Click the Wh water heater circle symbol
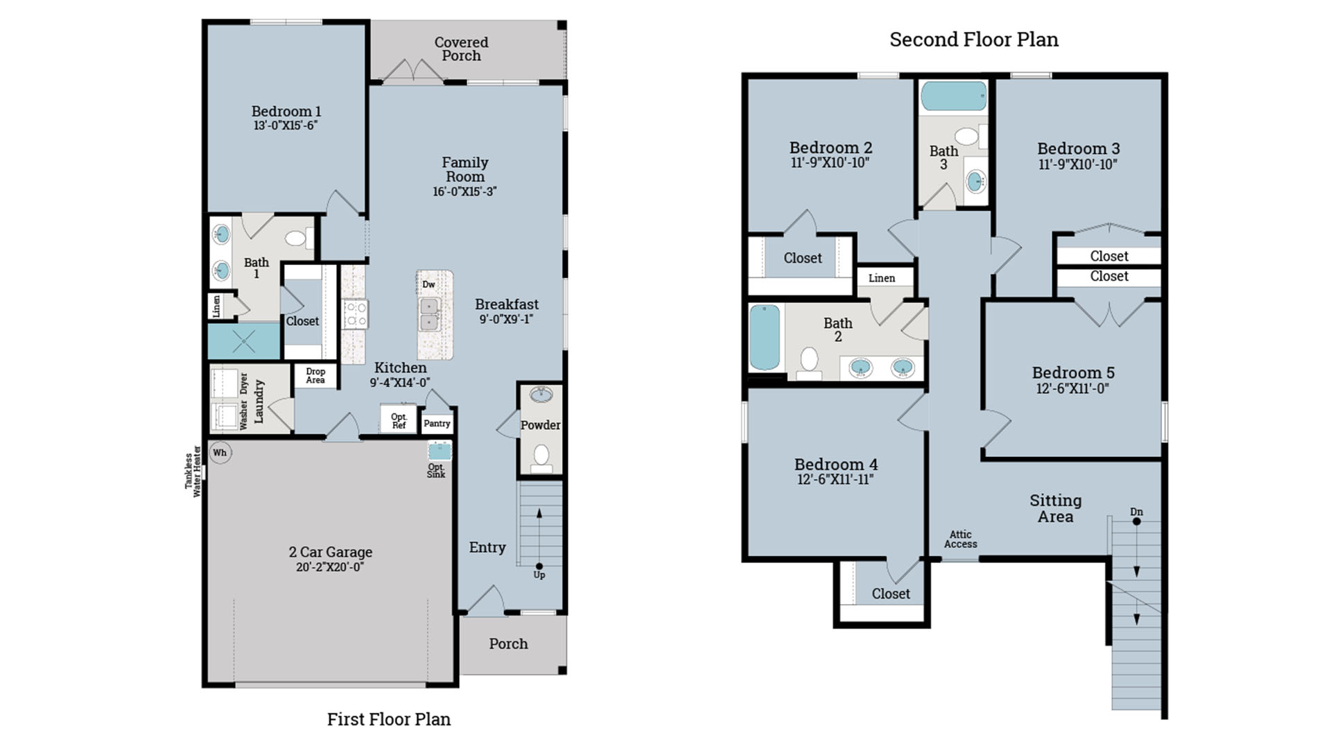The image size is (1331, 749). (220, 453)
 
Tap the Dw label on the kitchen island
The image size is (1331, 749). (428, 284)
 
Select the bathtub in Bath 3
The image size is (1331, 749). (953, 96)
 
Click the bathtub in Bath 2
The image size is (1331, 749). (765, 337)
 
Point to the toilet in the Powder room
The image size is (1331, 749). (541, 457)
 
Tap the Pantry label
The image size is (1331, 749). (437, 423)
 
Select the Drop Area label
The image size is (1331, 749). (315, 375)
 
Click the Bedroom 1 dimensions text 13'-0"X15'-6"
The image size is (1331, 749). (286, 126)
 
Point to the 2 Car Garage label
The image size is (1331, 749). (330, 552)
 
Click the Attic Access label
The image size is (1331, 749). (960, 539)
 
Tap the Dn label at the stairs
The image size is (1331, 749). (1136, 512)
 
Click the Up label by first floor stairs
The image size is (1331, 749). (539, 575)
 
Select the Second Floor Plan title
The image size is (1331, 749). (973, 40)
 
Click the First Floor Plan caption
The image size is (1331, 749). (388, 719)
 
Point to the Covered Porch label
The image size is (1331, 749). (461, 49)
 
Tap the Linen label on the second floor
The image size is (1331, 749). (881, 278)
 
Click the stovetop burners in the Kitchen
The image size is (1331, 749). (356, 315)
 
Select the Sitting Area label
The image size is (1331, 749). (1055, 508)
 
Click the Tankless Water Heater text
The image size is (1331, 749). (193, 471)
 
